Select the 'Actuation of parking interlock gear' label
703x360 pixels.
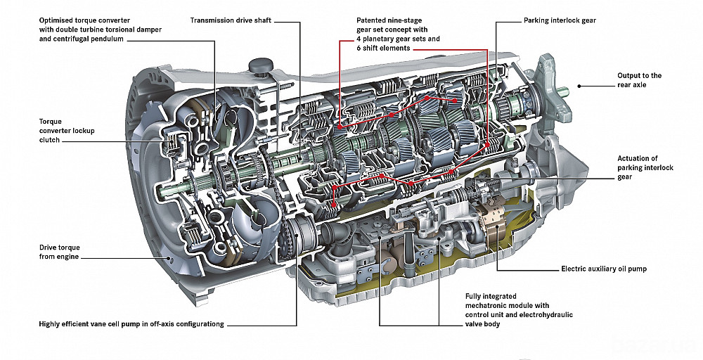coord(645,167)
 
